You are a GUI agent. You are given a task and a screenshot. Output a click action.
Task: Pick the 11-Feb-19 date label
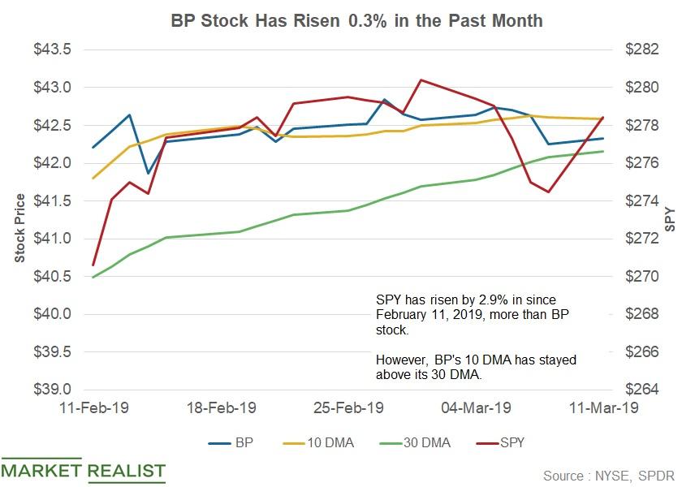92,409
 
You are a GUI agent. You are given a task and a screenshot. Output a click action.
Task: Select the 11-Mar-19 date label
604,409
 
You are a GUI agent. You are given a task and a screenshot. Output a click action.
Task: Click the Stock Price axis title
19,228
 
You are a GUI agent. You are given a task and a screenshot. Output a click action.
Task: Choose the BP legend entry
233,443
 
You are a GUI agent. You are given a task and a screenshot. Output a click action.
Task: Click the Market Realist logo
83,470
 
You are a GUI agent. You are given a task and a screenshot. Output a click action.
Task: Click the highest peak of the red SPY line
420,80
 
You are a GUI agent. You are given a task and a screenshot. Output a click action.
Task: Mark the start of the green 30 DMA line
93,277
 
